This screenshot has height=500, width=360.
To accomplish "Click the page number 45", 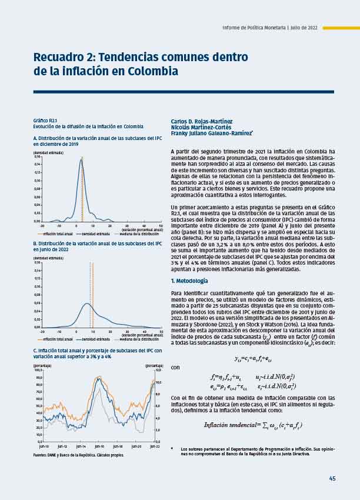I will pos(332,478).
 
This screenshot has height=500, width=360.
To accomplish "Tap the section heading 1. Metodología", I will pos(189,281).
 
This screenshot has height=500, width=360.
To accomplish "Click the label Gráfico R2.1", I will pos(45,120).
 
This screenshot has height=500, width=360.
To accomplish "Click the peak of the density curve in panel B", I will pos(86,304).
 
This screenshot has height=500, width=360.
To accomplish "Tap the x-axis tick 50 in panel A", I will pos(161,225).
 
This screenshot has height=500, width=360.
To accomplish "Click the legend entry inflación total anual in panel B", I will pos(58,339).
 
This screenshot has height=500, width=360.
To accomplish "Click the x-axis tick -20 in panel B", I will pos(42,332).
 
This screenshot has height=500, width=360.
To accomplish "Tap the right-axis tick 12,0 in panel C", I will pos(158,370).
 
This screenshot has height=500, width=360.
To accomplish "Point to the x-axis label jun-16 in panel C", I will pos(99,446).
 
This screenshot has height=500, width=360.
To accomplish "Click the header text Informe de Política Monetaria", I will pos(254,28).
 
